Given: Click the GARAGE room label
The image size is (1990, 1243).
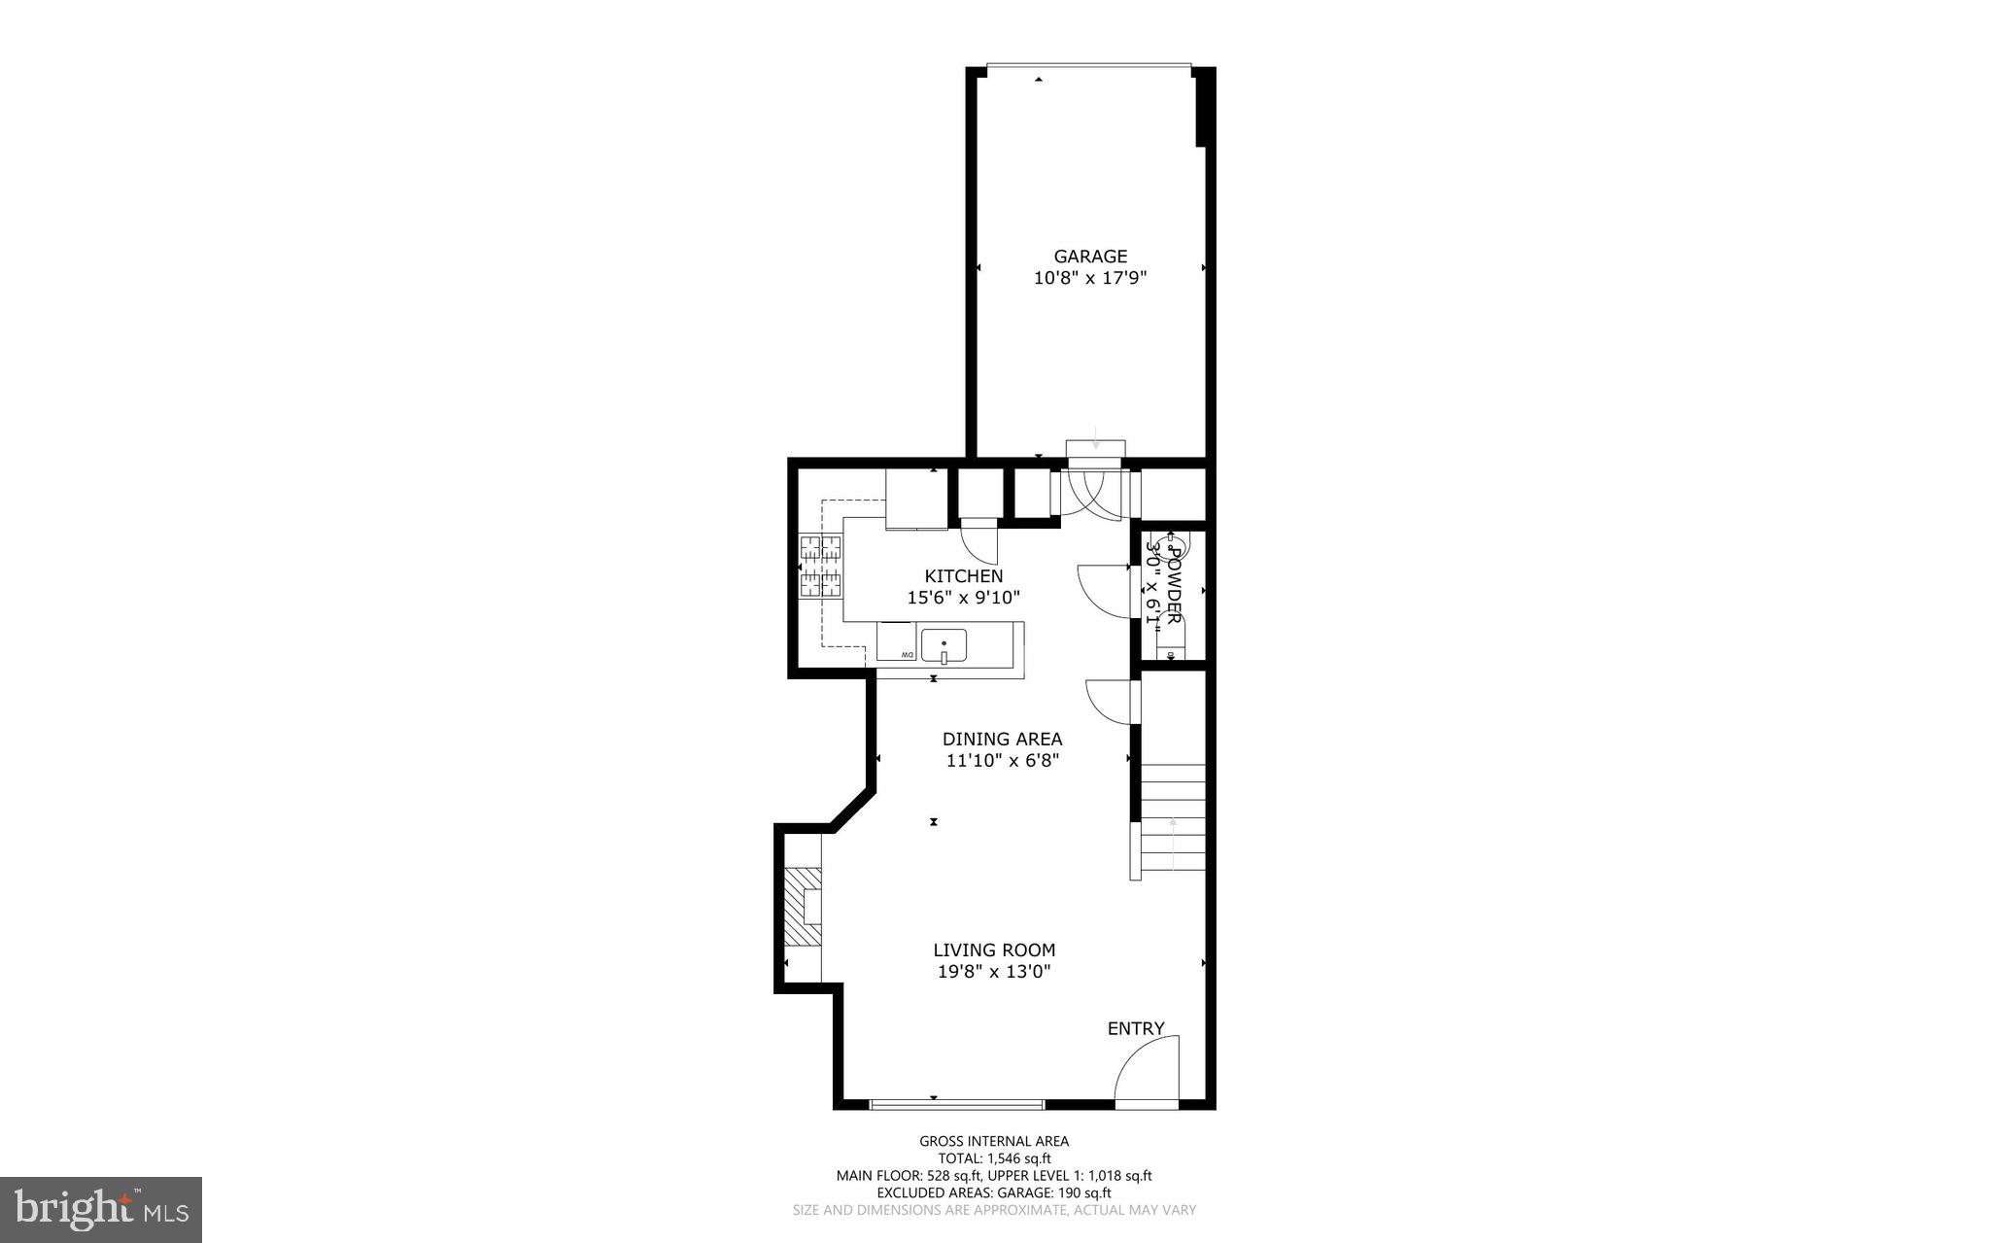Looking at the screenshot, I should [x=1090, y=257].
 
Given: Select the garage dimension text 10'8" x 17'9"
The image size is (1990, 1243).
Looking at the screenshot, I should [x=1090, y=278].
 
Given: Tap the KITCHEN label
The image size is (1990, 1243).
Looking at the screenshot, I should [x=963, y=576].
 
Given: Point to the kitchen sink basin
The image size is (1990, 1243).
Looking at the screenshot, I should [x=944, y=645].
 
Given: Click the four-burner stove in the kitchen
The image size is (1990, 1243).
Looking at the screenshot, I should [x=821, y=566].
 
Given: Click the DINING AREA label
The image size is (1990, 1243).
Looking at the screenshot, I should [x=1002, y=740].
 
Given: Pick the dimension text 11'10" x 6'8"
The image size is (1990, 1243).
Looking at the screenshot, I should [x=1002, y=761].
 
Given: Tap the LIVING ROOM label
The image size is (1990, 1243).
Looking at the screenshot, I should [x=994, y=950].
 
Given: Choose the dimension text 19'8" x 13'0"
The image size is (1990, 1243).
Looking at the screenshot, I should [x=994, y=972].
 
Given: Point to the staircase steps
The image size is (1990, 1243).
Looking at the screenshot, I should [x=1173, y=816].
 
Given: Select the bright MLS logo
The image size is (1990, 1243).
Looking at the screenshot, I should [x=101, y=1209].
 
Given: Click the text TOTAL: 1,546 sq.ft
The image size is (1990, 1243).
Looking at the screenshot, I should [x=994, y=1158].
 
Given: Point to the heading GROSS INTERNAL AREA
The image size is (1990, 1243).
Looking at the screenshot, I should [x=994, y=1142].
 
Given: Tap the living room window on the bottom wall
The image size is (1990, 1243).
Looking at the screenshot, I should [x=956, y=1104].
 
